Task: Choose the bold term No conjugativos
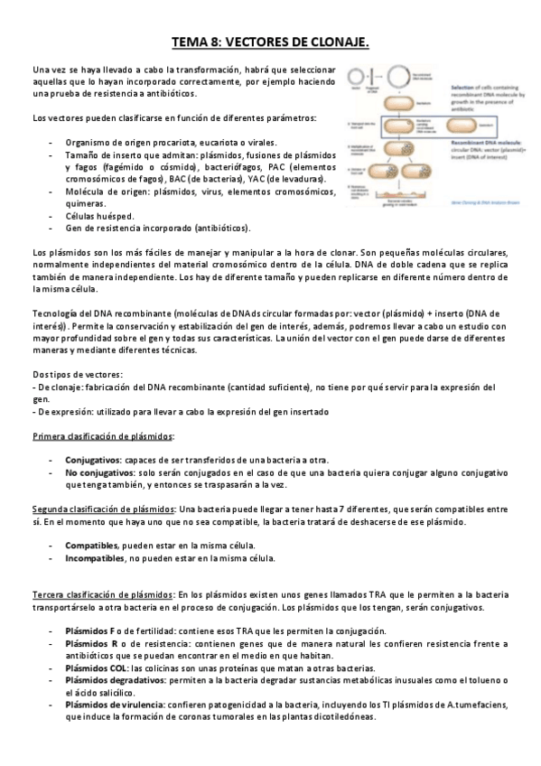pyautogui.click(x=98, y=472)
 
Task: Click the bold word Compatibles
pyautogui.click(x=91, y=546)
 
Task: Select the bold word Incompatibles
pyautogui.click(x=95, y=558)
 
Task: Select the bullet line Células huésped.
pyautogui.click(x=99, y=216)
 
